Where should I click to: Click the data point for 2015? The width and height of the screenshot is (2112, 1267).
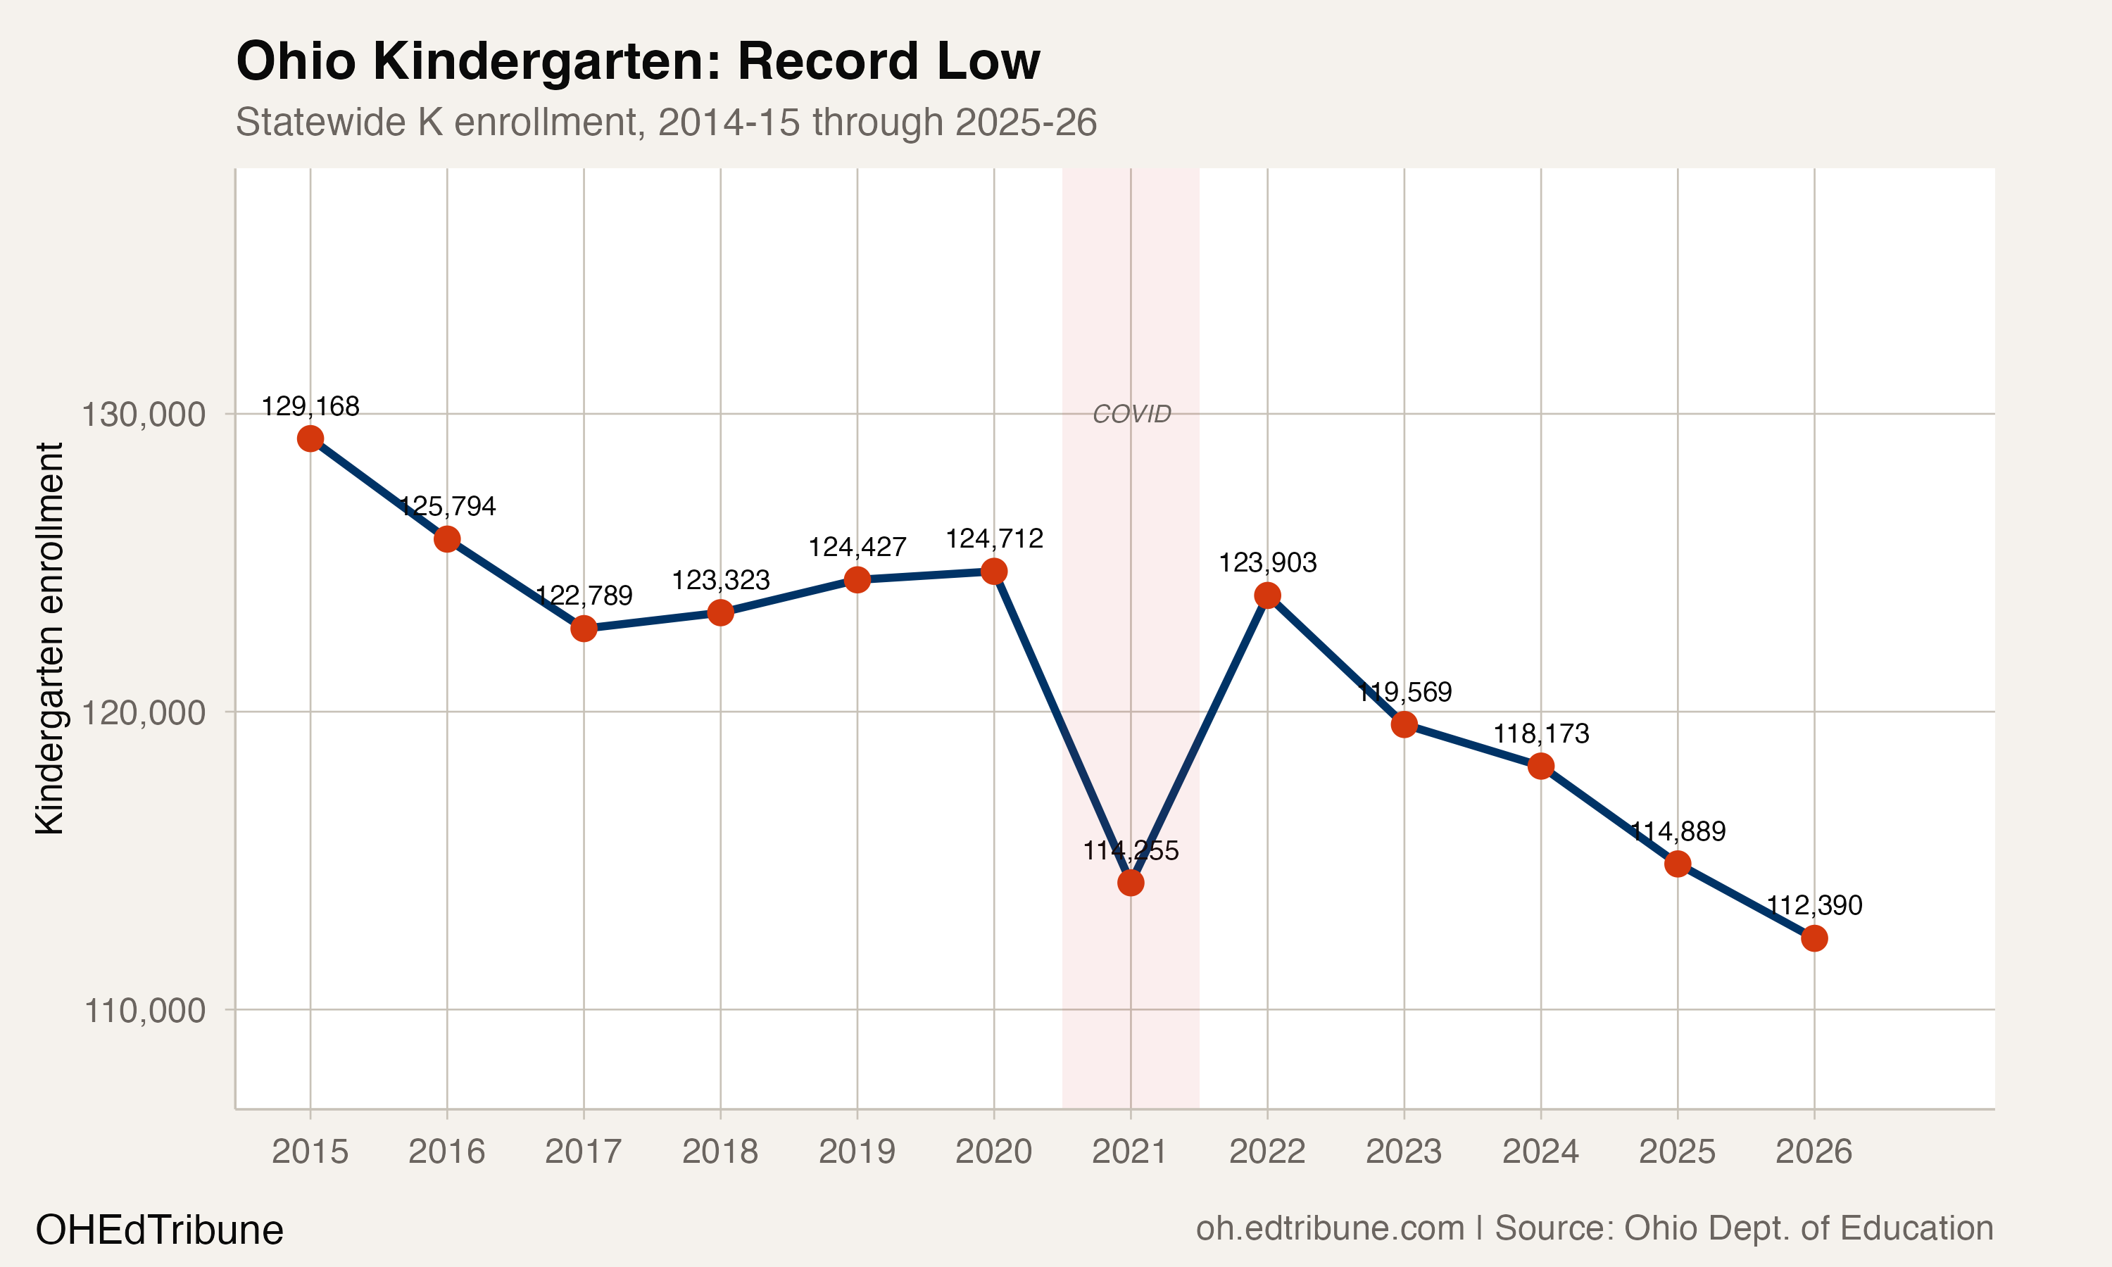click(x=310, y=439)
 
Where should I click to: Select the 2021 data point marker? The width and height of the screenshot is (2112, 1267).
click(x=1130, y=882)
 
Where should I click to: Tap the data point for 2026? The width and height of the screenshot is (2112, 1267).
click(x=1814, y=938)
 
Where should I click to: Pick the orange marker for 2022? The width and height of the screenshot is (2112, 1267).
click(x=1267, y=595)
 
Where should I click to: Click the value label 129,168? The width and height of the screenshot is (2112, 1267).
click(x=310, y=406)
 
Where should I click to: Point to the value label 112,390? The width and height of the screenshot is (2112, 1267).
click(x=1814, y=905)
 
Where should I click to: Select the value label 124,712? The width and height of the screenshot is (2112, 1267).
click(x=993, y=538)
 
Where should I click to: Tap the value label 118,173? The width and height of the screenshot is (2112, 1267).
click(x=1541, y=733)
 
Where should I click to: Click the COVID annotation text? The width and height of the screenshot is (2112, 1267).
click(x=1132, y=414)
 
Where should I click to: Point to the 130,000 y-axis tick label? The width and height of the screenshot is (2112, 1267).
click(x=144, y=415)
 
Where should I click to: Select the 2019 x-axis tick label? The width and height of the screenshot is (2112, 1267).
click(x=857, y=1152)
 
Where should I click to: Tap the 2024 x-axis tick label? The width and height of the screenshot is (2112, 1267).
click(x=1541, y=1152)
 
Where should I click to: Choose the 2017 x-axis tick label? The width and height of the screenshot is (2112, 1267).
click(x=584, y=1152)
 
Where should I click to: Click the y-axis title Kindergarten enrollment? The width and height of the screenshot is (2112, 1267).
click(x=49, y=638)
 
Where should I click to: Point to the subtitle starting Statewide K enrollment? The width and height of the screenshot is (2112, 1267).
click(x=666, y=122)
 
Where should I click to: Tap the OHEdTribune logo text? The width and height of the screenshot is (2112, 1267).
click(x=160, y=1230)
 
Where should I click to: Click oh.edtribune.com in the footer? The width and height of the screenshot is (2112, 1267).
click(x=1330, y=1228)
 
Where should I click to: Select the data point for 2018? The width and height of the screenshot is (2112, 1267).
click(x=720, y=612)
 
